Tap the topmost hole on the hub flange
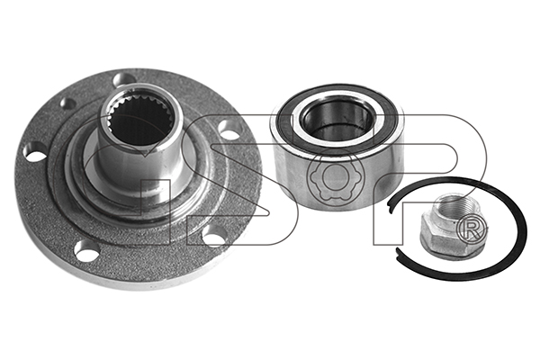124,79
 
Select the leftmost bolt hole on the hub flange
35,152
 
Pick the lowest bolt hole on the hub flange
87,251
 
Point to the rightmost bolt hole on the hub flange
229,130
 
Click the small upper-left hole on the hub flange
67,103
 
